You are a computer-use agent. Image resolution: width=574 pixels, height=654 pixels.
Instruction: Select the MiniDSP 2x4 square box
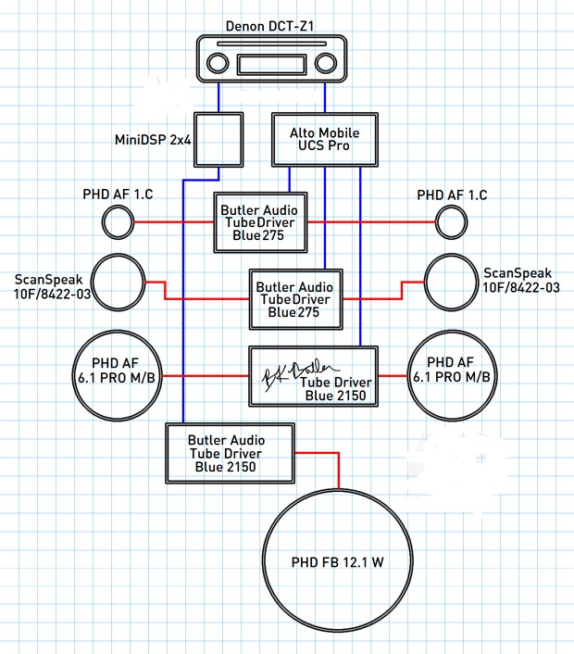click(x=217, y=140)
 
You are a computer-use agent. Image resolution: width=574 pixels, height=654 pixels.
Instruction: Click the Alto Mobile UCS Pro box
click(x=325, y=140)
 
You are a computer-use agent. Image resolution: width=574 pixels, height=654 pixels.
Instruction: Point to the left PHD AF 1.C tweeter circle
click(x=118, y=222)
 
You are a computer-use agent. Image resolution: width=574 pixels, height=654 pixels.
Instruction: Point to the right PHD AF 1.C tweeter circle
click(x=452, y=222)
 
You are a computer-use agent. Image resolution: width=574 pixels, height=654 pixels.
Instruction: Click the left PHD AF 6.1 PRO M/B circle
click(x=118, y=375)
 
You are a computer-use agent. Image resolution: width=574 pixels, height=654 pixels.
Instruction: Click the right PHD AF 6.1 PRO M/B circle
click(x=452, y=375)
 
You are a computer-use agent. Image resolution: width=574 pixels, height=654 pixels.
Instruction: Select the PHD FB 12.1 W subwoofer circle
click(x=338, y=561)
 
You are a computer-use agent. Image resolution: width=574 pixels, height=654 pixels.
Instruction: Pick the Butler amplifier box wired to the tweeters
click(x=260, y=222)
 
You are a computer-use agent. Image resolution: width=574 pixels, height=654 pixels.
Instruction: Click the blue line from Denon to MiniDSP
click(x=218, y=98)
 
